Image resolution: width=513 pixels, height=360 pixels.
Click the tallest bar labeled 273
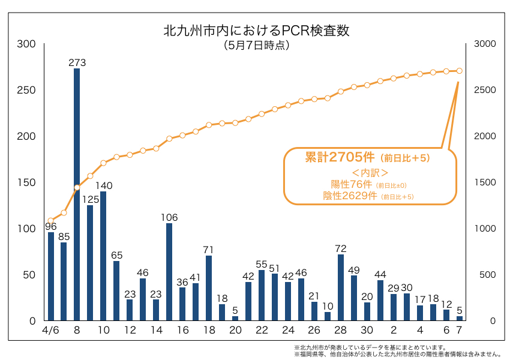[x=77, y=194]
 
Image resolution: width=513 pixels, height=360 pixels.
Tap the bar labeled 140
[x=103, y=256]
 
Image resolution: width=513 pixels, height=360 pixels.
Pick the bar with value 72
[x=341, y=287]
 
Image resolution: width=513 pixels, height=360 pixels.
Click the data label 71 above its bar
[x=209, y=250]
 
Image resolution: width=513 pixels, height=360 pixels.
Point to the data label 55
[x=262, y=264]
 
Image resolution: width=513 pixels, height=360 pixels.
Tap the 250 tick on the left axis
[x=26, y=90]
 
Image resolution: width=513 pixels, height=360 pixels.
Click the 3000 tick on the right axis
[x=484, y=44]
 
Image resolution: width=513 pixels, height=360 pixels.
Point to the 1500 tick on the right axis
[x=484, y=182]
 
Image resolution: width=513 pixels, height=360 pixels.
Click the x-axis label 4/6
[x=50, y=331]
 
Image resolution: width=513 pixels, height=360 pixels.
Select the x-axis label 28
[x=341, y=331]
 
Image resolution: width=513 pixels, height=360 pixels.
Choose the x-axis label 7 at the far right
[x=460, y=331]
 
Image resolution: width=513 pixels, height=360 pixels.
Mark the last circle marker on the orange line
[x=460, y=71]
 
